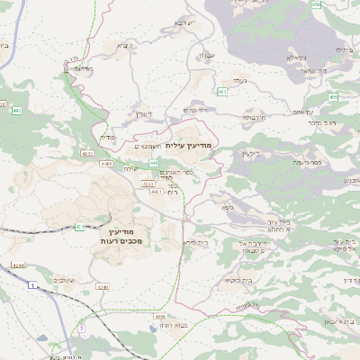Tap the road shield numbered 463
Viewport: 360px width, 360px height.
(x=221, y=92)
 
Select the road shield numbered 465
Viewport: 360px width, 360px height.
(x=334, y=96)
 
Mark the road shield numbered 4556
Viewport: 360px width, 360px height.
(x=160, y=317)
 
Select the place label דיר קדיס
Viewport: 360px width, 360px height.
(x=195, y=110)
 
